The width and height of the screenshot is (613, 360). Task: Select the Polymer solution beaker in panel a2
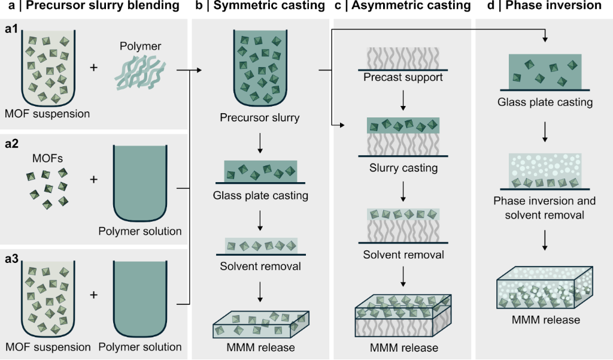point(139,183)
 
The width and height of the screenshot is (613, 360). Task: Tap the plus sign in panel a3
point(93,295)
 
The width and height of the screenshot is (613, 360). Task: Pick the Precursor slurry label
point(259,118)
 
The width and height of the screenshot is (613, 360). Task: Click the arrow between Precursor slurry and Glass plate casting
point(260,142)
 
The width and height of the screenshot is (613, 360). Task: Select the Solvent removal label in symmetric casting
point(260,267)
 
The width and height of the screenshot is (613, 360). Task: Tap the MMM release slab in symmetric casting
point(261,323)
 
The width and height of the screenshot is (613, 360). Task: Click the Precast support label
point(403,77)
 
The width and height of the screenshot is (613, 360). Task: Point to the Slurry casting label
point(403,168)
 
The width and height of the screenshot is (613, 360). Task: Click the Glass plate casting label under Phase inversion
point(545,102)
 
